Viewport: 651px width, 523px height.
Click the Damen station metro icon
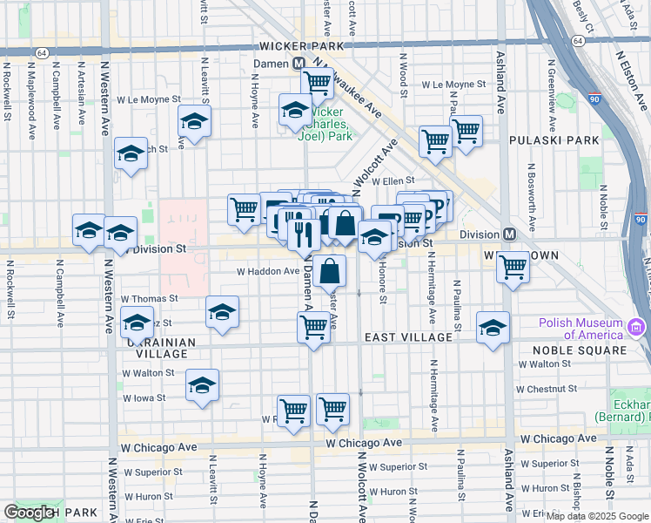[x=299, y=64]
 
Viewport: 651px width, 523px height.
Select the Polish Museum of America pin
[x=635, y=328]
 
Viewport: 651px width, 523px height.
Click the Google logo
[x=30, y=513]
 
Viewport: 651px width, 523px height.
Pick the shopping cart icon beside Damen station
[x=318, y=84]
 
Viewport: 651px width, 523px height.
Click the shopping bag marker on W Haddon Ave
[x=331, y=271]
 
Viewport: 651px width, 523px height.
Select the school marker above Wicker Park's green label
[x=296, y=110]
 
